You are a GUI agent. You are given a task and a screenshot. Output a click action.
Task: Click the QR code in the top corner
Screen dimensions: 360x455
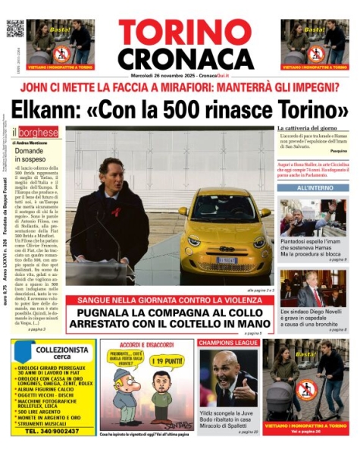pos(15,27)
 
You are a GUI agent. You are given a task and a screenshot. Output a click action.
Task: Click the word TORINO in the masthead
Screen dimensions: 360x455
pos(184,33)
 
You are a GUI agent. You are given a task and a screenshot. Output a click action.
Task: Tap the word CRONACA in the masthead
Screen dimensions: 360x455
pos(184,58)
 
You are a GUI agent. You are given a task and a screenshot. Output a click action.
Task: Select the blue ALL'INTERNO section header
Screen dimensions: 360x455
pos(312,187)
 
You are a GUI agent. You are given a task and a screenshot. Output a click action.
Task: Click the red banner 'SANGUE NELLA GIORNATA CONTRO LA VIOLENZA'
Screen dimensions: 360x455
pos(168,300)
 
